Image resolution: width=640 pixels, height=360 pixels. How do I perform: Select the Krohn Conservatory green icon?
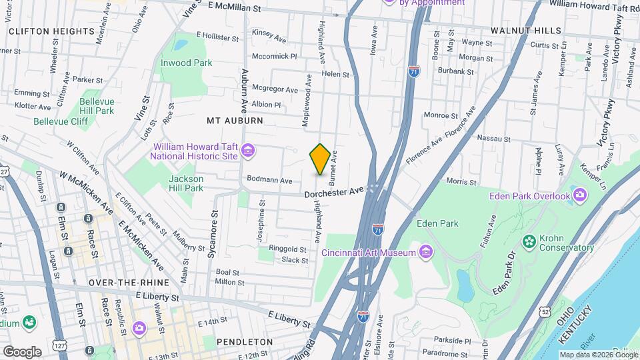click(529, 240)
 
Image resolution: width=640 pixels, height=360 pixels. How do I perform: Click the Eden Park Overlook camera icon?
click(580, 195)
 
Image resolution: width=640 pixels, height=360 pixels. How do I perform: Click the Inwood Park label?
click(186, 63)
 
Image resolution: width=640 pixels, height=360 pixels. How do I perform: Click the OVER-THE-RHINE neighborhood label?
click(127, 283)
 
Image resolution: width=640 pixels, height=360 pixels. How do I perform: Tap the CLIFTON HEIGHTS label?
click(41, 31)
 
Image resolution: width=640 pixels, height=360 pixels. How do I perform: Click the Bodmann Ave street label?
click(269, 180)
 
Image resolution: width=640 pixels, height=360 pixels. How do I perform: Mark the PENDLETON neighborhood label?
click(245, 342)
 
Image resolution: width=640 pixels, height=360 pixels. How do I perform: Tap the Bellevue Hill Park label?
click(97, 105)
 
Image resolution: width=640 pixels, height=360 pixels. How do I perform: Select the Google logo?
click(22, 351)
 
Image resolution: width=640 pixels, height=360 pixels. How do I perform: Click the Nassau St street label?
click(493, 139)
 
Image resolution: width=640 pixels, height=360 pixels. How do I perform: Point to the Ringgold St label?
click(287, 249)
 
